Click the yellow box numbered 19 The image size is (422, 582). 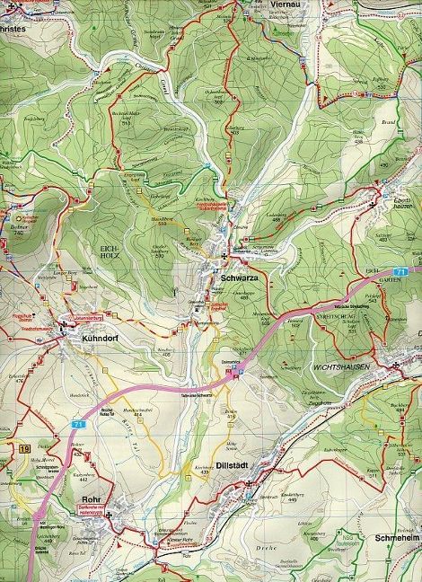(x=22, y=446)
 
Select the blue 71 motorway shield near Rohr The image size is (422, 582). (x=81, y=424)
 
